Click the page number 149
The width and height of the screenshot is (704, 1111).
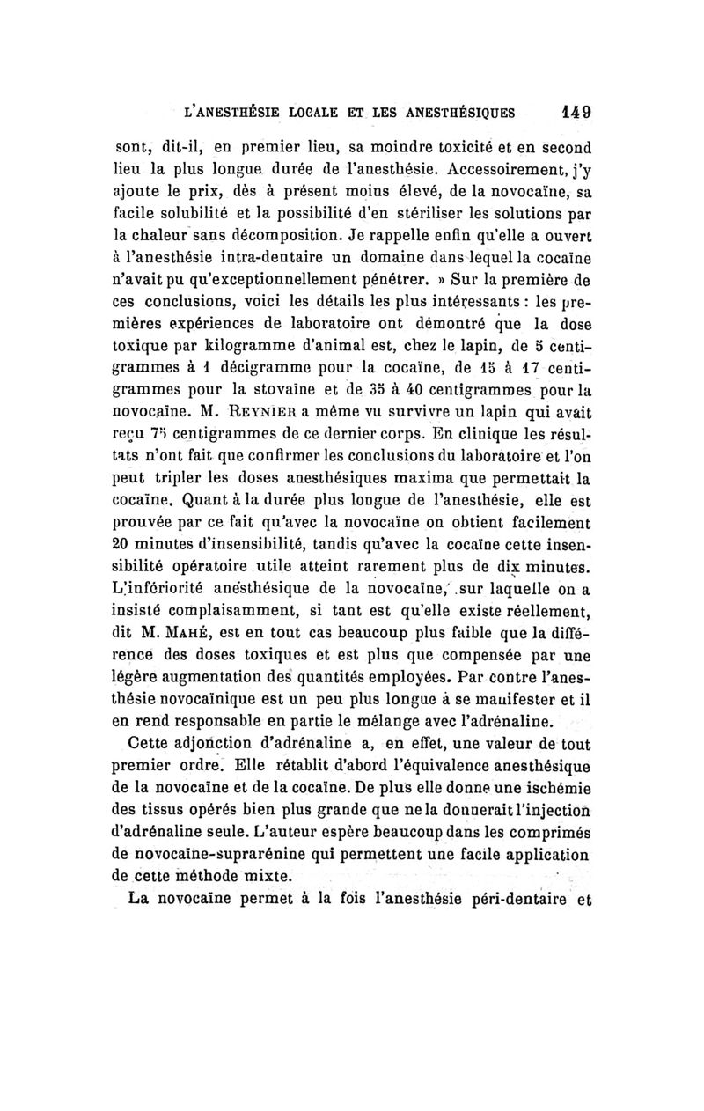click(573, 113)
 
